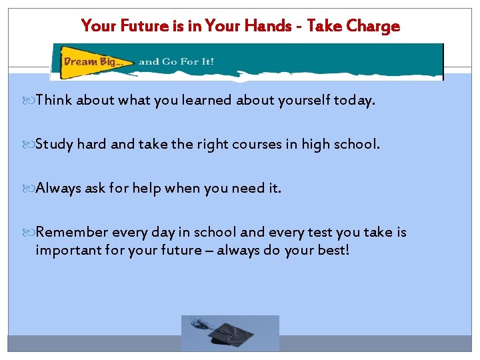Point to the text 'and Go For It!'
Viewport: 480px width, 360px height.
[x=176, y=62]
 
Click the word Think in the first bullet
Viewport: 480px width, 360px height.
[x=54, y=100]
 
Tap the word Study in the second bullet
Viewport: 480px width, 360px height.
[x=55, y=144]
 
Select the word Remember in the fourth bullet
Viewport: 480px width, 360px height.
[x=72, y=232]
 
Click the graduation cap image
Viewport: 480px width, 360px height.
[x=230, y=333]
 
